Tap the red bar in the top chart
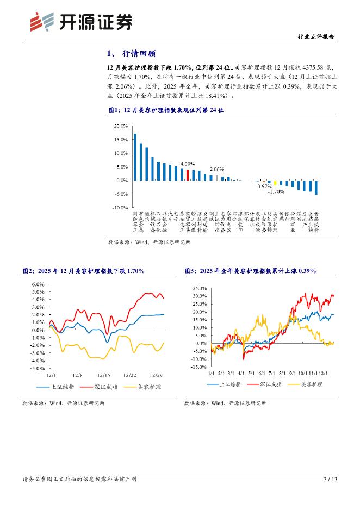(188, 175)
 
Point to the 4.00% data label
(188, 164)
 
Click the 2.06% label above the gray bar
(217, 169)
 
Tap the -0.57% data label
(264, 186)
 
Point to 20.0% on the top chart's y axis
(120, 126)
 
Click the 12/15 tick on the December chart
(103, 375)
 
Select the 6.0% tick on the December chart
(38, 284)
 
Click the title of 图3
(250, 271)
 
